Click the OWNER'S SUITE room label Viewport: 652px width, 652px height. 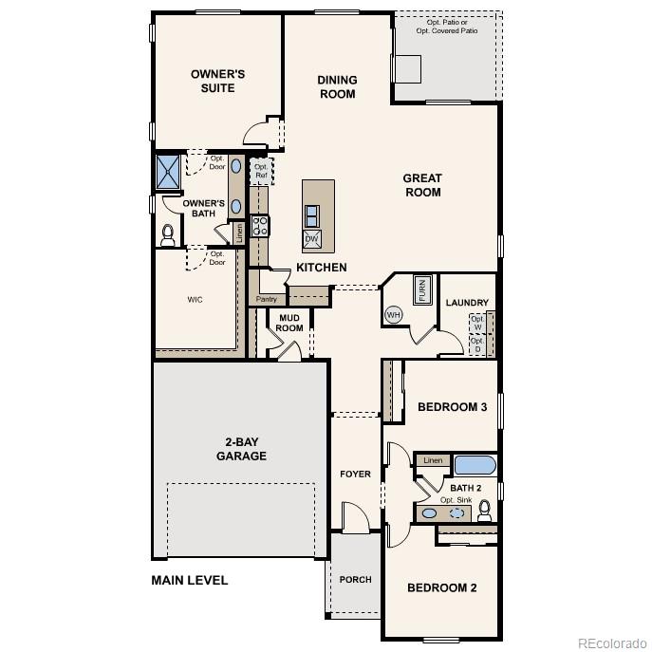coord(217,81)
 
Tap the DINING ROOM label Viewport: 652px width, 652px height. coord(337,87)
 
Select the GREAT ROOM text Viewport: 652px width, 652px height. coord(422,185)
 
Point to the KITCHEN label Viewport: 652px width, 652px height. coord(322,268)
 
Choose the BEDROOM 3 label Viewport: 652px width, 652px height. coord(452,407)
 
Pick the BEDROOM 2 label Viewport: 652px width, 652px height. coord(441,587)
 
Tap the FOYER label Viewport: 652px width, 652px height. coord(357,474)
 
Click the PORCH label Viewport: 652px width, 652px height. coord(356,579)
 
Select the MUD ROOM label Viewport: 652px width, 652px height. coord(289,323)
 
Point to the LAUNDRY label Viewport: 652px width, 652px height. coord(467,303)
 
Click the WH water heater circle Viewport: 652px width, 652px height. coord(394,314)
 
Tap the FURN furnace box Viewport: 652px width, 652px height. coord(421,289)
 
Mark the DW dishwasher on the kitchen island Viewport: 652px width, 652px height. coord(311,237)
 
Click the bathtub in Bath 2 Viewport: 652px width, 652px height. coord(473,465)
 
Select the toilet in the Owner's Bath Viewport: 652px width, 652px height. coord(169,233)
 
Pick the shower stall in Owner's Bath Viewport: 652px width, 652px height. coord(169,171)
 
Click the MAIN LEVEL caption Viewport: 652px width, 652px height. coord(190,580)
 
